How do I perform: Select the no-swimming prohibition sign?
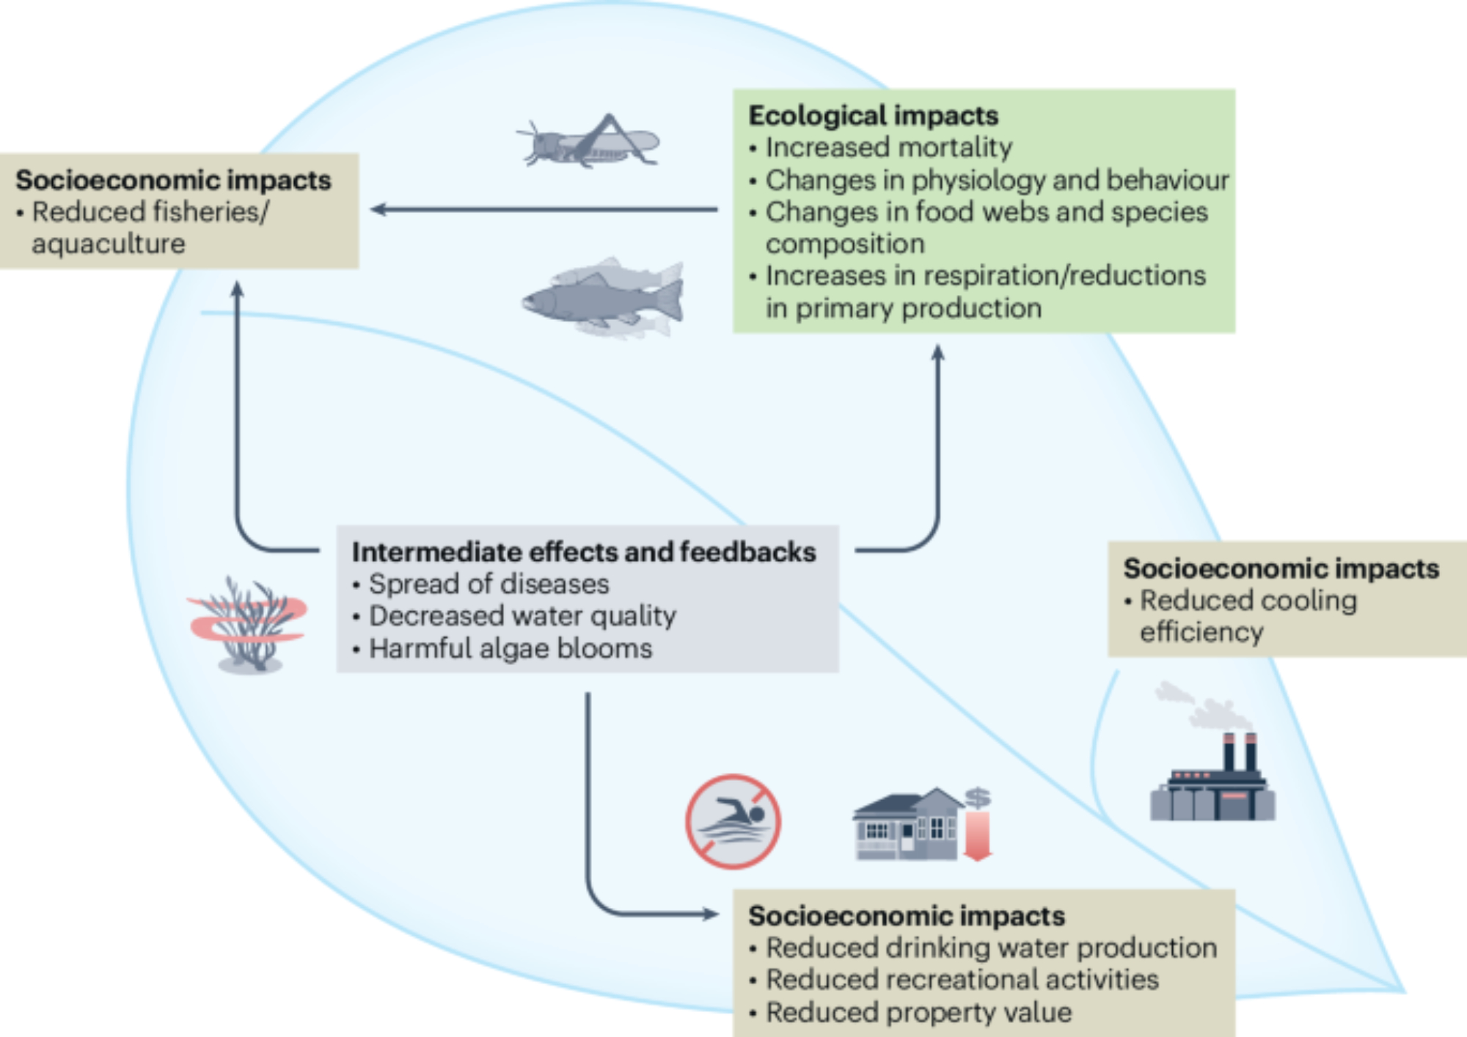(x=733, y=821)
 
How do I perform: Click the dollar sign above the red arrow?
(x=978, y=797)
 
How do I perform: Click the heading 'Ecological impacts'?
(x=873, y=116)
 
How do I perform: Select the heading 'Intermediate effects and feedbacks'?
(x=584, y=552)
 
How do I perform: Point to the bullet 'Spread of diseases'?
(x=489, y=584)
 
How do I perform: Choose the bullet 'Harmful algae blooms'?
(x=511, y=649)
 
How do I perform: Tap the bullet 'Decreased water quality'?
(x=522, y=616)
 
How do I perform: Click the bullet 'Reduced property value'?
(x=918, y=1013)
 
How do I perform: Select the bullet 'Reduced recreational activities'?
(x=962, y=980)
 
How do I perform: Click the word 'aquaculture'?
(x=109, y=244)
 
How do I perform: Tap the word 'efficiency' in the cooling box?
(x=1201, y=632)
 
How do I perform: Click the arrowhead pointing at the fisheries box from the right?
(x=378, y=210)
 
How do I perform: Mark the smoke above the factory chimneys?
(x=1203, y=705)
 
